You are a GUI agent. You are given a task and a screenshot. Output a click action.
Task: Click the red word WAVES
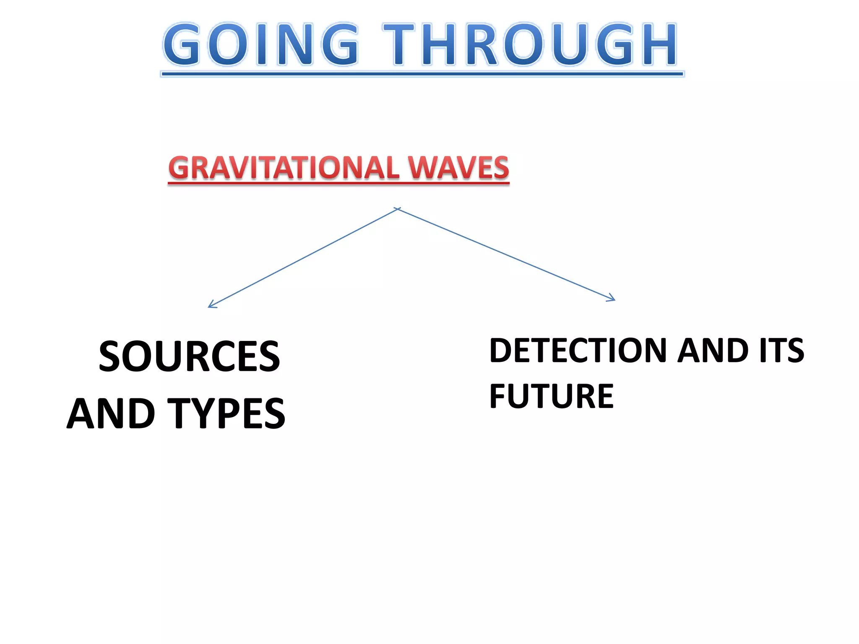[458, 168]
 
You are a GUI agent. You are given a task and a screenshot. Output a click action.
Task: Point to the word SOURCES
[189, 357]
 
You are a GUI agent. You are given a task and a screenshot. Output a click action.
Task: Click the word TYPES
[226, 414]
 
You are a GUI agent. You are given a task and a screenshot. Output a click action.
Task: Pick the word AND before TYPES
[112, 414]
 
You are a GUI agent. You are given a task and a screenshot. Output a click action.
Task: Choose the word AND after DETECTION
[713, 351]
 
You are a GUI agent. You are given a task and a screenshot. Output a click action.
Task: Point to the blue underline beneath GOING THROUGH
[422, 74]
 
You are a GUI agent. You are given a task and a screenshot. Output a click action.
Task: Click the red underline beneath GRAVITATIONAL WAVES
[338, 183]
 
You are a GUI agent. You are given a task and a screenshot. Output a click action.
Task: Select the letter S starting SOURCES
[111, 357]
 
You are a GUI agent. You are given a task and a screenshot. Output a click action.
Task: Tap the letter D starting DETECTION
[502, 351]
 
